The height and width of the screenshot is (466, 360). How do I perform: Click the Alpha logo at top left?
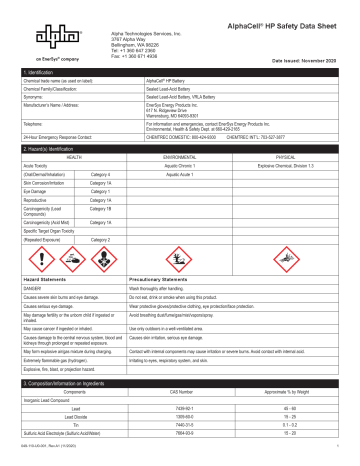[34, 38]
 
